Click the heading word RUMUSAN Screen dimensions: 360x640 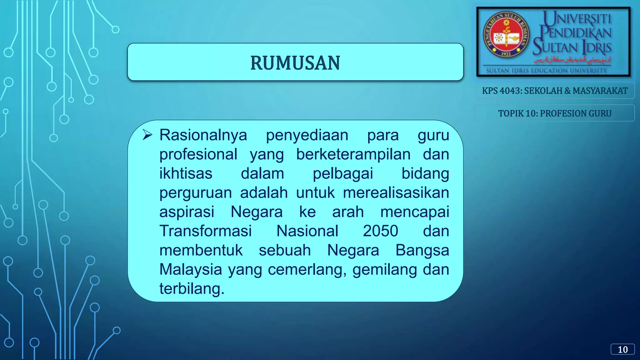(x=295, y=63)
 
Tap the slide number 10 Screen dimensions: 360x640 (x=622, y=349)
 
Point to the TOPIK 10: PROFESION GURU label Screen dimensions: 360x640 (x=555, y=113)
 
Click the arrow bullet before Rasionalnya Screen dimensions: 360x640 (x=147, y=135)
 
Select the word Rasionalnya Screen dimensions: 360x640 (x=203, y=135)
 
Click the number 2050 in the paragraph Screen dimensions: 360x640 (x=380, y=231)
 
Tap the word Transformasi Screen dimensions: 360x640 (x=205, y=231)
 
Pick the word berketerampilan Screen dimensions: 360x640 (x=353, y=154)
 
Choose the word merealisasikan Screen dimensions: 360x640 (x=396, y=193)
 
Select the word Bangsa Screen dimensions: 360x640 (x=422, y=250)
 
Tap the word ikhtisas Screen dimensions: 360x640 (x=186, y=174)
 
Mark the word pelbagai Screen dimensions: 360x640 (x=343, y=174)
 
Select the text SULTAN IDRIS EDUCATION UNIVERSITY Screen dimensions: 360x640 (x=546, y=71)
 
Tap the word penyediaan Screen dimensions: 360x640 (x=307, y=135)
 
